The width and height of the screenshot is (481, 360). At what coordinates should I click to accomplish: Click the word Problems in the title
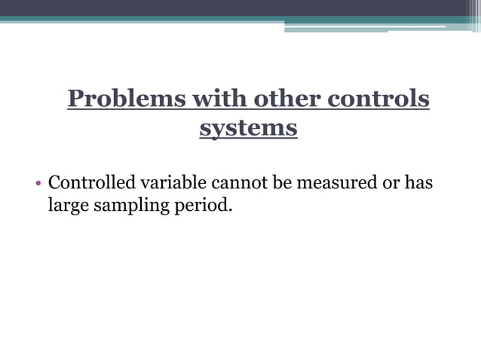[125, 99]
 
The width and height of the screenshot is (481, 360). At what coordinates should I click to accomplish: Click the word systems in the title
[248, 128]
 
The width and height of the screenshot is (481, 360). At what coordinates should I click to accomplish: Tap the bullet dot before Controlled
[38, 183]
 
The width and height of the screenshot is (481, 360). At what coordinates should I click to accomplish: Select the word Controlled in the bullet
[91, 182]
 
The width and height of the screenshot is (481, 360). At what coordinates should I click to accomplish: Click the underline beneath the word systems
[248, 139]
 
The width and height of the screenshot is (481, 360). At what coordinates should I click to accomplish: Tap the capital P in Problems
[75, 99]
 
